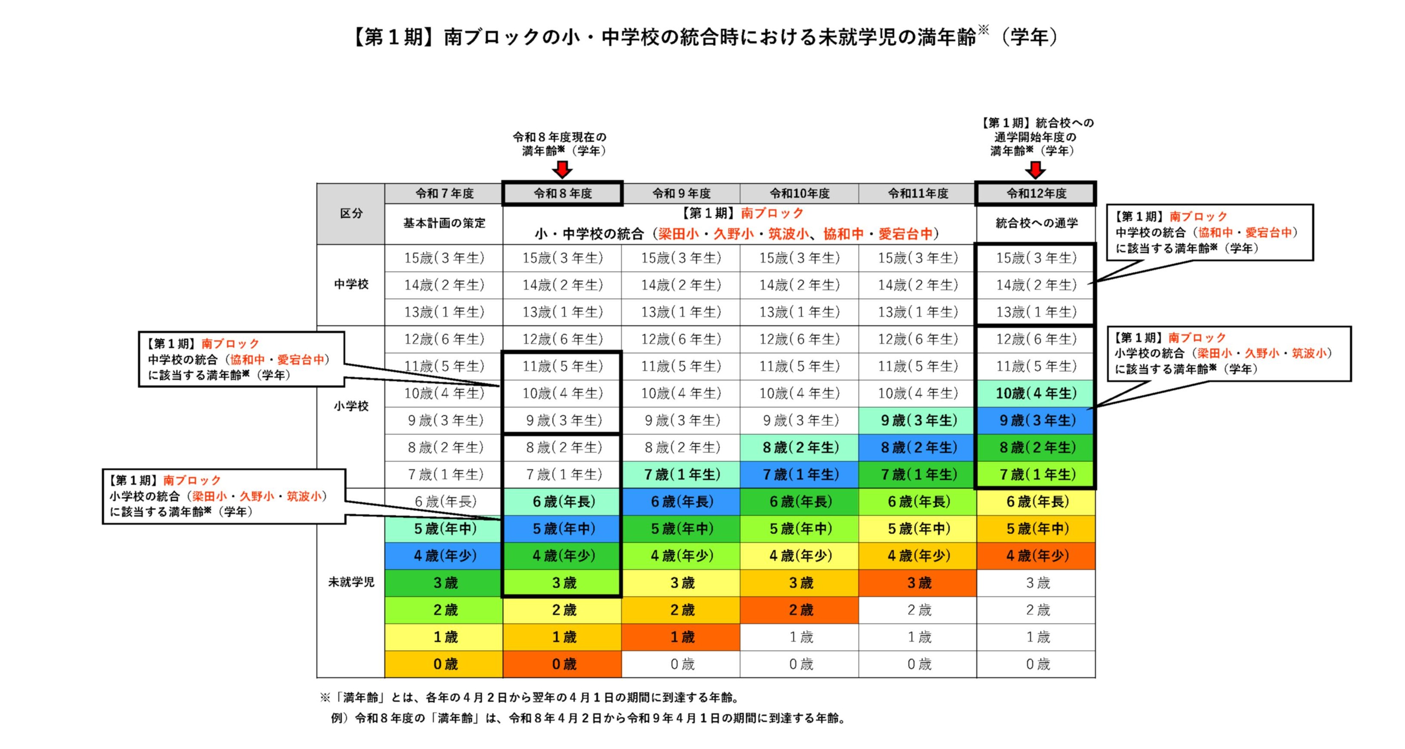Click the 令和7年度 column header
click(x=444, y=193)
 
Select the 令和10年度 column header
click(x=799, y=193)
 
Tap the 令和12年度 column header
click(x=1036, y=193)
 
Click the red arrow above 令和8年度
click(x=562, y=170)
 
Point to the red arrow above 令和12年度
click(x=1035, y=170)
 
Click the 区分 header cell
click(x=351, y=214)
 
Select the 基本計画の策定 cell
click(x=444, y=223)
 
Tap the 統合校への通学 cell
click(x=1036, y=223)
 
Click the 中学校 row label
click(x=351, y=284)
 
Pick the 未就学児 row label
click(x=351, y=582)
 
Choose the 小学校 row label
click(x=351, y=406)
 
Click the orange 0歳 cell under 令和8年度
click(x=563, y=664)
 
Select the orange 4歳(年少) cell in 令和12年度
click(x=1036, y=556)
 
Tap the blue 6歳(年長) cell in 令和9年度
click(x=681, y=501)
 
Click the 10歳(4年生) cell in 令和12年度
click(x=1036, y=393)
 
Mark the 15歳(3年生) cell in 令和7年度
click(x=444, y=258)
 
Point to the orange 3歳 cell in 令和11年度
click(x=918, y=583)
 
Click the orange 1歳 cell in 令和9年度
click(x=681, y=637)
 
